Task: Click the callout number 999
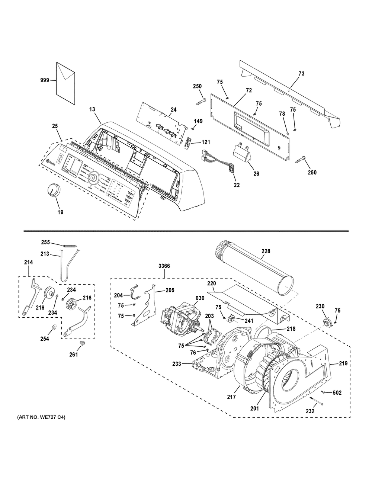(x=45, y=80)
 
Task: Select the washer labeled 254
(x=53, y=327)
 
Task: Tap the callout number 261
(x=74, y=355)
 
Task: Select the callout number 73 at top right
(x=301, y=74)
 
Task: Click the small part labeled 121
(x=188, y=142)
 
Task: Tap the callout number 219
(x=343, y=363)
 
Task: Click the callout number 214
(x=28, y=262)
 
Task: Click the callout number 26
(x=256, y=173)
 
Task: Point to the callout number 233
(x=177, y=364)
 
